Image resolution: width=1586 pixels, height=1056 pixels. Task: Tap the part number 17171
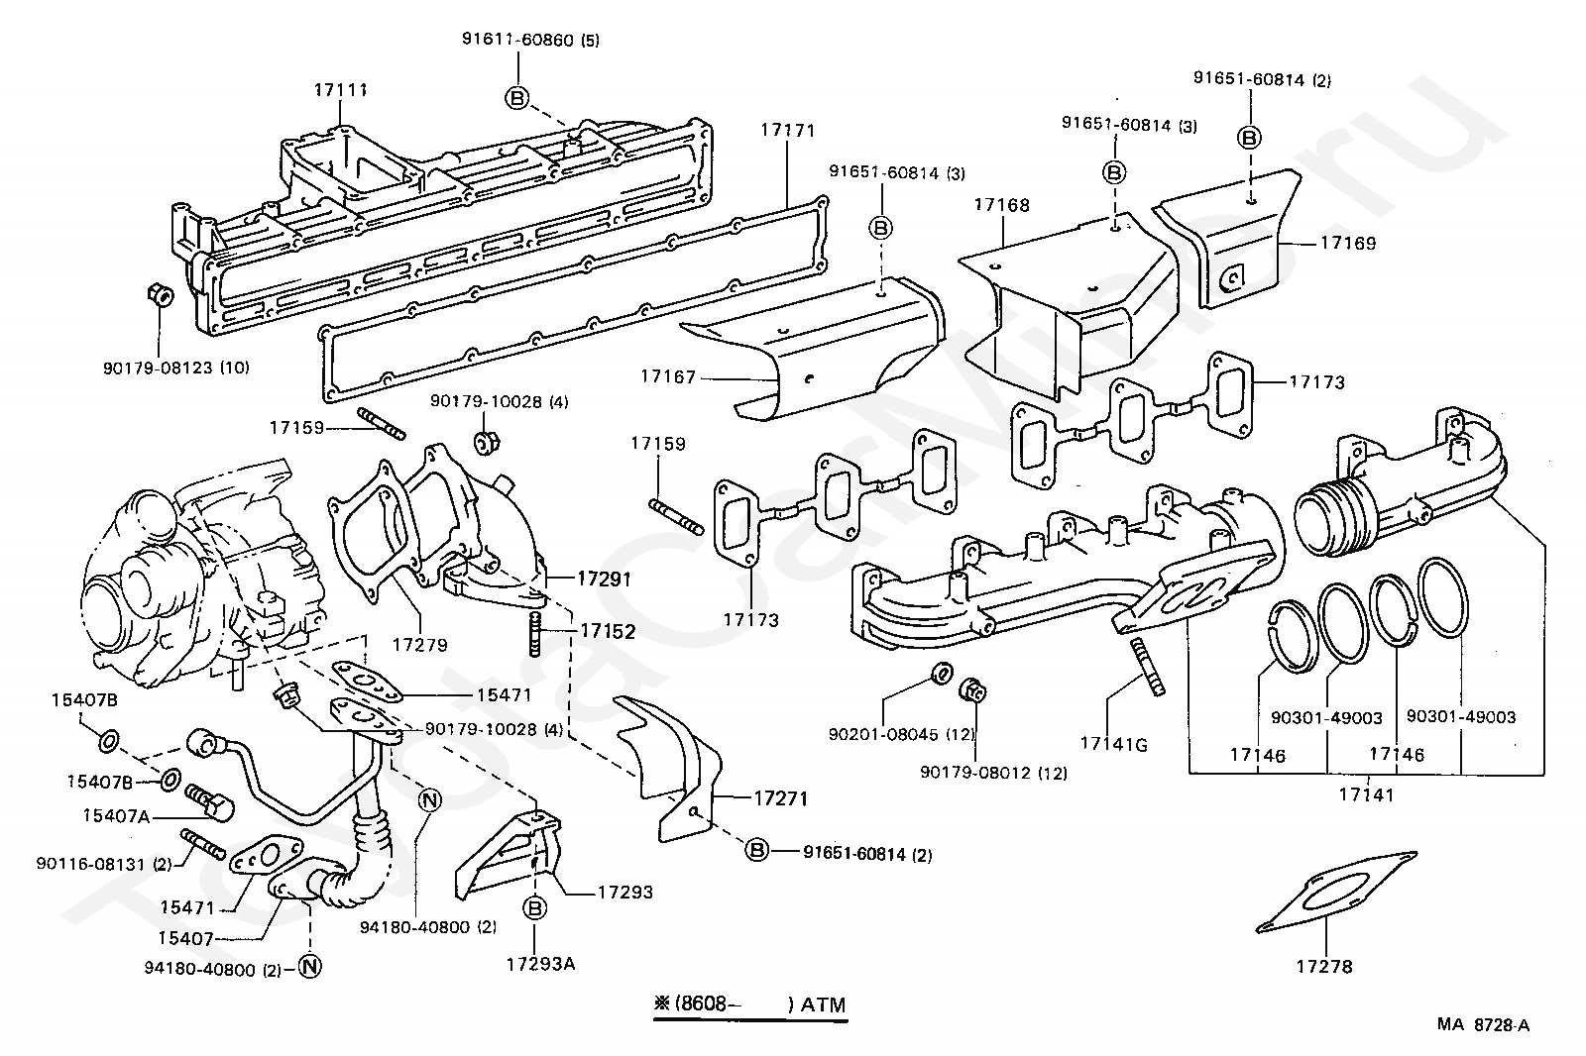coord(788,130)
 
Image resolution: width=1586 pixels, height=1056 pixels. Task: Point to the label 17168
coord(1001,205)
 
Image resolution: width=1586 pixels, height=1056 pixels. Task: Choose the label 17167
coord(668,376)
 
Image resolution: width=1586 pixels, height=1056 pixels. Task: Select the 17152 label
coord(608,630)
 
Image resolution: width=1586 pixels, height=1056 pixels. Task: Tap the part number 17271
coord(781,798)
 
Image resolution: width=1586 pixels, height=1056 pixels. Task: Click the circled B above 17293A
coord(535,907)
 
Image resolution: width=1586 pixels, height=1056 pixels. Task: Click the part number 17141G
coord(1113,744)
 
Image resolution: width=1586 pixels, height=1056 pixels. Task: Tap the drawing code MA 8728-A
coord(1483,1025)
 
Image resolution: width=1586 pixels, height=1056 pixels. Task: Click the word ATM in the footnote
coord(824,1004)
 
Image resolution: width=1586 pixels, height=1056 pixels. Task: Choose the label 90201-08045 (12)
coord(902,735)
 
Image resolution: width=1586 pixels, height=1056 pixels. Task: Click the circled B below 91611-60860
coord(517,97)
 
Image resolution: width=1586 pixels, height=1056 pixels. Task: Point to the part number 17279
coord(419,645)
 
